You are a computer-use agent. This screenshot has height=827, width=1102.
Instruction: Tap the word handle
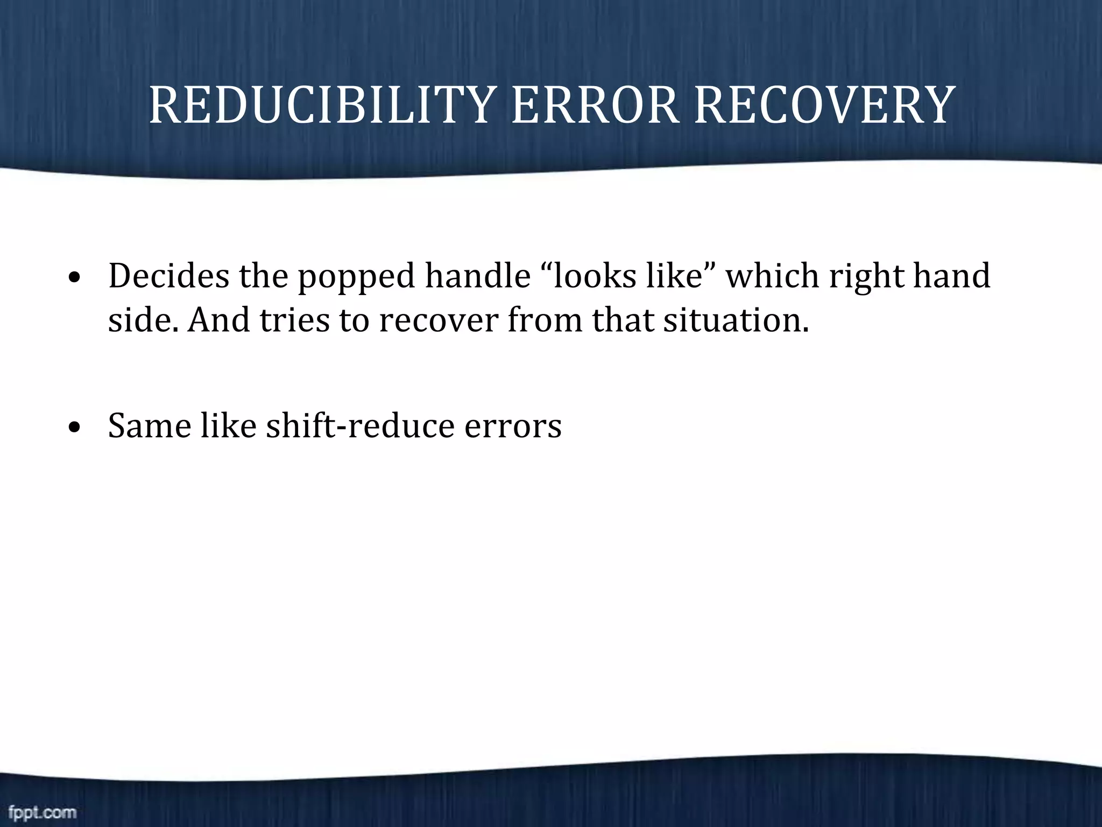click(477, 276)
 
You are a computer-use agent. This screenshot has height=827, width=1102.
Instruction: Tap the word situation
click(736, 320)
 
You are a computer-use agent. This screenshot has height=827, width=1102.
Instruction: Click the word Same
click(150, 426)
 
